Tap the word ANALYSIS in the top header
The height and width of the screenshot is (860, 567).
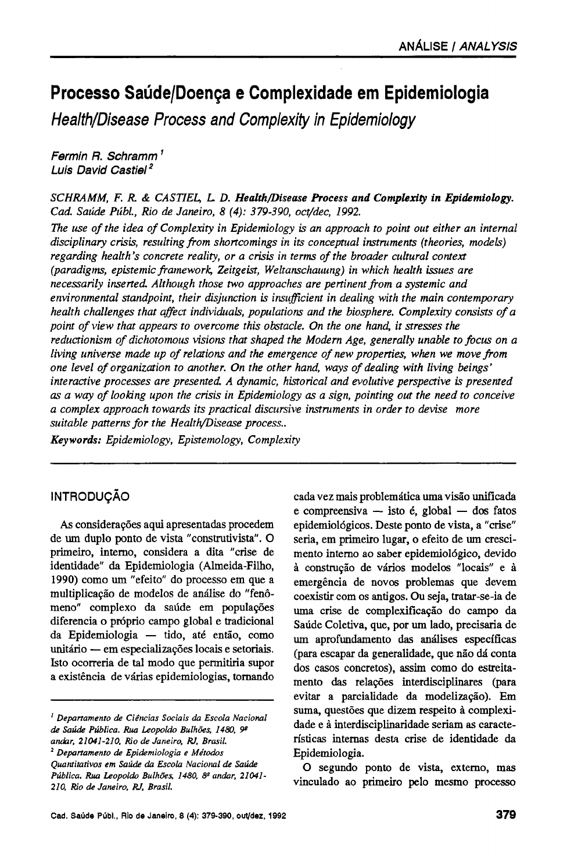(x=488, y=46)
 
